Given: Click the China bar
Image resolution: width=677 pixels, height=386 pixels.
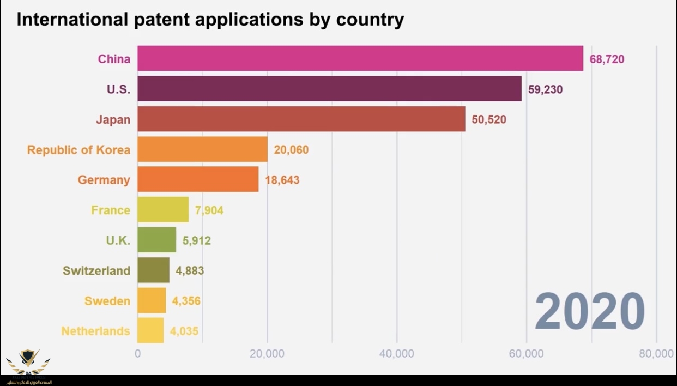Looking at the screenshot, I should point(360,58).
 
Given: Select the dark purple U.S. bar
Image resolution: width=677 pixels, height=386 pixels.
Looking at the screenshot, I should point(329,89).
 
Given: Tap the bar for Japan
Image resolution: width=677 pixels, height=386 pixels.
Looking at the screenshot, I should point(301,119).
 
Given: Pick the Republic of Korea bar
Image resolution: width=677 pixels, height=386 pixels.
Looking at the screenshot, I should point(202,149).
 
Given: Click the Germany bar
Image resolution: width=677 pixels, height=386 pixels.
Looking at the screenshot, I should point(198,179).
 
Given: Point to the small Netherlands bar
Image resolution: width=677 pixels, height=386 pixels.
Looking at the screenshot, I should point(150,330).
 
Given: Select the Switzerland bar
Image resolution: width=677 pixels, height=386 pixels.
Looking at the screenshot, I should point(153,270).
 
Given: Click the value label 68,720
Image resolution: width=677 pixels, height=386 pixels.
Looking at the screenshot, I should point(607,59).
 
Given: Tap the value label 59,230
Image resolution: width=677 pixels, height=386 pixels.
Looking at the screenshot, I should point(545,89).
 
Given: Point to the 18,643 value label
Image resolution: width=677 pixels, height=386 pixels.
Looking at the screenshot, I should point(282,180).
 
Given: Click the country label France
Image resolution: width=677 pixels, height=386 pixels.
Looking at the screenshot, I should point(111,210).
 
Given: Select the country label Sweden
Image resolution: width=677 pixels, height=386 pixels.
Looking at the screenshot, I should point(107,301).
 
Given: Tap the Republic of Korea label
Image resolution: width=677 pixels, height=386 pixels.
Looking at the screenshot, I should point(78,150).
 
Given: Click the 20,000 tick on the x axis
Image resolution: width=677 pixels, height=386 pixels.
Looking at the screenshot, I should point(267,354).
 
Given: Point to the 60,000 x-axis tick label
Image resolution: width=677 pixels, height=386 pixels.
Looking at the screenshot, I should point(527,354).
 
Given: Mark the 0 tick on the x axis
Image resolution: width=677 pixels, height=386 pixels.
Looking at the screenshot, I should point(137,354).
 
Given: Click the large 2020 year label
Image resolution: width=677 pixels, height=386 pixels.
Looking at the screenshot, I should point(589,311).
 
